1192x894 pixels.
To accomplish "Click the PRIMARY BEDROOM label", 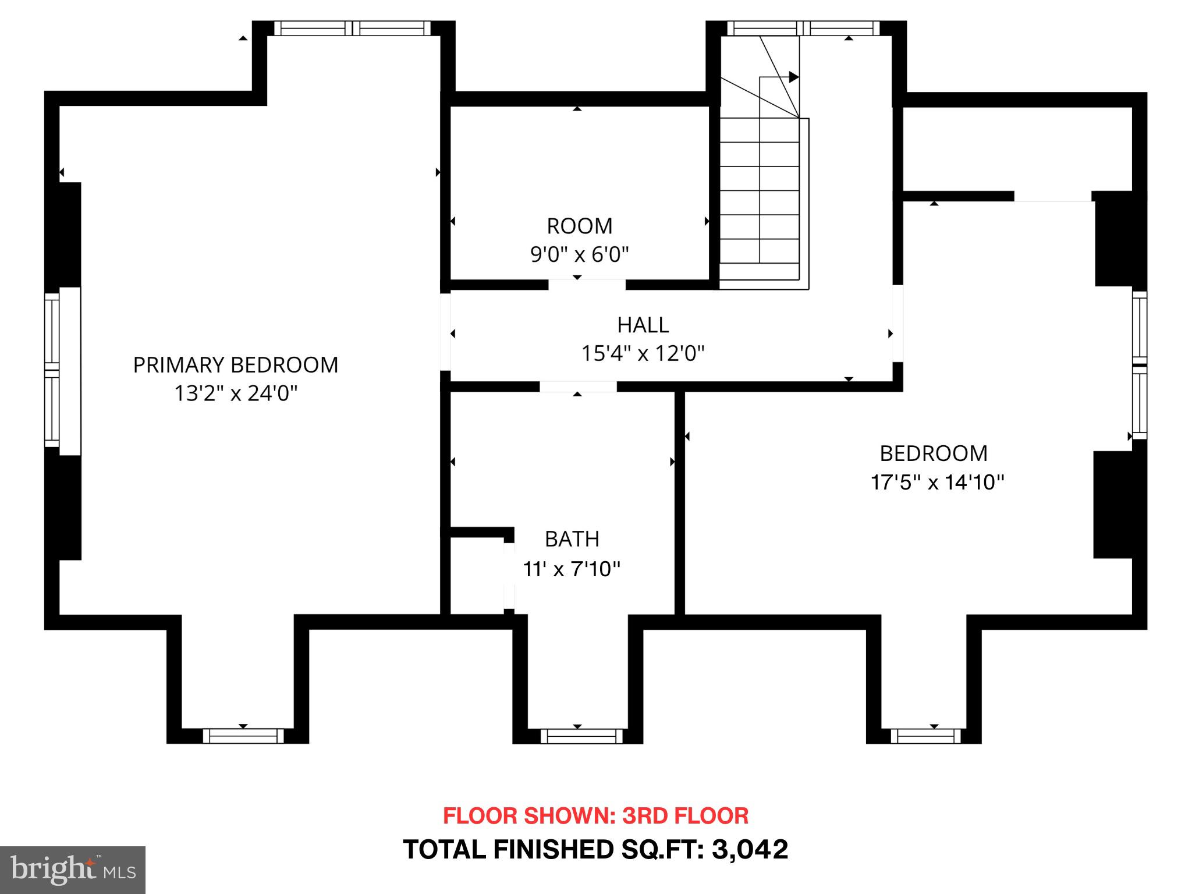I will (x=235, y=365).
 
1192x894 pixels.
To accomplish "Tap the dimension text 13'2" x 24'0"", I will (x=235, y=394).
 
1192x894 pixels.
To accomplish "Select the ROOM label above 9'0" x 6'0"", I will (x=579, y=226).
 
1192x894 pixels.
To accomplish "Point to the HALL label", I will (x=643, y=325).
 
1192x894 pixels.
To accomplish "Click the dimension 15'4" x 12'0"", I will (x=643, y=353).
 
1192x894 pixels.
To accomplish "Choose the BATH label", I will (x=572, y=539).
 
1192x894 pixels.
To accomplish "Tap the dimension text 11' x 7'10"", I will (x=571, y=569).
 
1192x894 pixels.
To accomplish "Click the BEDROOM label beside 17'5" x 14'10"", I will (x=933, y=453).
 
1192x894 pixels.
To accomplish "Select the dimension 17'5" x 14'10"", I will (x=936, y=483).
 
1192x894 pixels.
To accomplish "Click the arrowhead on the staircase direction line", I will (x=793, y=77).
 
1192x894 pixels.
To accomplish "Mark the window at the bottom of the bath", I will (x=581, y=736).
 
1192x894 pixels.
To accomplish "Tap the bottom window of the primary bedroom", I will (x=243, y=736).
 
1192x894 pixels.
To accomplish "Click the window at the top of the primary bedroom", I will (x=352, y=28).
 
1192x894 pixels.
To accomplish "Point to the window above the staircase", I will (x=803, y=28).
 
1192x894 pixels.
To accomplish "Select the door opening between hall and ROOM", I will (x=587, y=285).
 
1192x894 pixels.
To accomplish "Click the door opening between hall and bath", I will (x=577, y=386).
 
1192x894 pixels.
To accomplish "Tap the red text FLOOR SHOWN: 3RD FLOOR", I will (x=595, y=815).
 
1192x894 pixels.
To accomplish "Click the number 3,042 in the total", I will (x=750, y=849).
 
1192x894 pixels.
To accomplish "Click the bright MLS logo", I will (x=72, y=870).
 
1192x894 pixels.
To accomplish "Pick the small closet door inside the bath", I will (x=509, y=575).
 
